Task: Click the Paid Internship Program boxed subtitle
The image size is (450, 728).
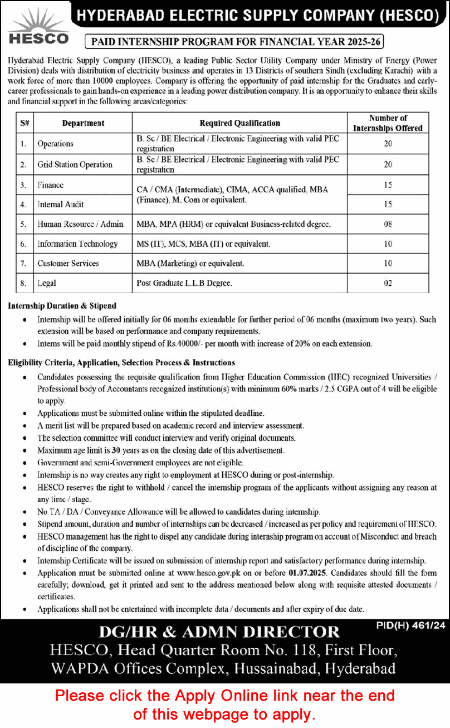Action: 234,41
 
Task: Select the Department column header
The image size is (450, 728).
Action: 83,123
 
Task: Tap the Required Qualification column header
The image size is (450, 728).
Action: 239,123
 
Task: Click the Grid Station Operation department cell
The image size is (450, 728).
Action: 75,164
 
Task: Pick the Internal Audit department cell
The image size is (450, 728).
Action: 61,205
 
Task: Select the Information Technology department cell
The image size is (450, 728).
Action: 77,244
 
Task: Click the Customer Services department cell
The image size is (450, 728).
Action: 68,263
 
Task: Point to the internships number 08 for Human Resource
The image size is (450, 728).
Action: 388,224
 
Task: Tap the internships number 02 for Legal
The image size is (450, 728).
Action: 388,283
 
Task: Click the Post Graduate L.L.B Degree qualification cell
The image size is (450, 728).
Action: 184,283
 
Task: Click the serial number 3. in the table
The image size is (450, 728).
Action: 23,185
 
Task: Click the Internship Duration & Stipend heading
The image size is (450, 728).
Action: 62,305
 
